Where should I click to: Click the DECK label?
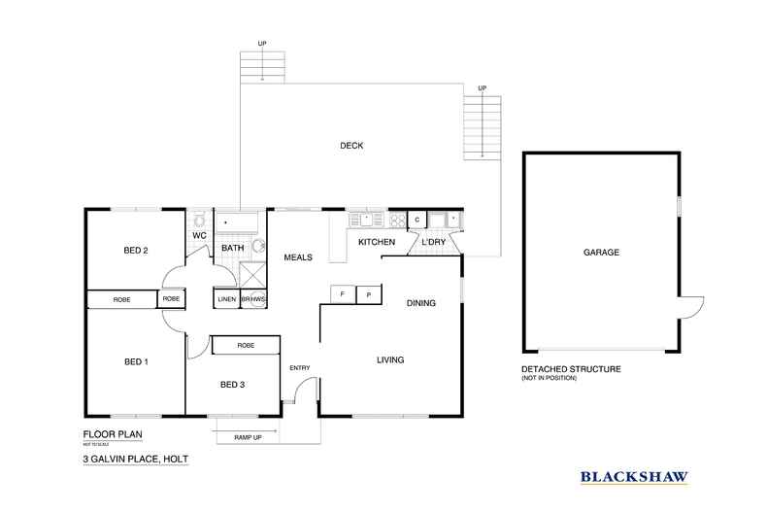(350, 146)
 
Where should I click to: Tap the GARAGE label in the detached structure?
(601, 252)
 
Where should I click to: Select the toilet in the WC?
(199, 220)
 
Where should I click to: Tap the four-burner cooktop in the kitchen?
(396, 220)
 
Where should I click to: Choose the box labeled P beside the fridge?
(369, 293)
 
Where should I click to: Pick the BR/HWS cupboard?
(252, 299)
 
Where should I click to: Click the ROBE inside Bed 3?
(246, 345)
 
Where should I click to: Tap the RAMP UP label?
(249, 437)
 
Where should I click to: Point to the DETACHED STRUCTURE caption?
(571, 369)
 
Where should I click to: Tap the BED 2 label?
(136, 250)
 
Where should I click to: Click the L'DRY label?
(434, 241)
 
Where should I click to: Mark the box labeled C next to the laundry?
(417, 220)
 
